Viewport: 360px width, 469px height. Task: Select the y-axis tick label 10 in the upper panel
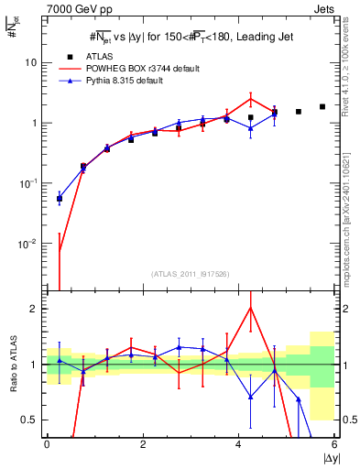[x=31, y=62]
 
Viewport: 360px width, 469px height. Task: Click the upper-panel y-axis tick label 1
[x=35, y=123]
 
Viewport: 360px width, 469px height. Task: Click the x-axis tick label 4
[x=238, y=446]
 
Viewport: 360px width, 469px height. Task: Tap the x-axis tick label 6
[x=334, y=446]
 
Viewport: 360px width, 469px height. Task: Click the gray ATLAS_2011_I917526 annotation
[x=191, y=275]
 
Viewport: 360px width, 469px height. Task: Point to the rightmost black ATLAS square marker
[x=322, y=106]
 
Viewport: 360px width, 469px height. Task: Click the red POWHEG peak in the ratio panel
[x=250, y=308]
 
